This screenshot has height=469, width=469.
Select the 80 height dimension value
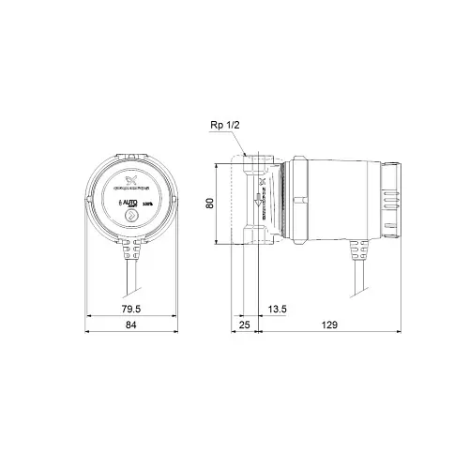(x=210, y=203)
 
